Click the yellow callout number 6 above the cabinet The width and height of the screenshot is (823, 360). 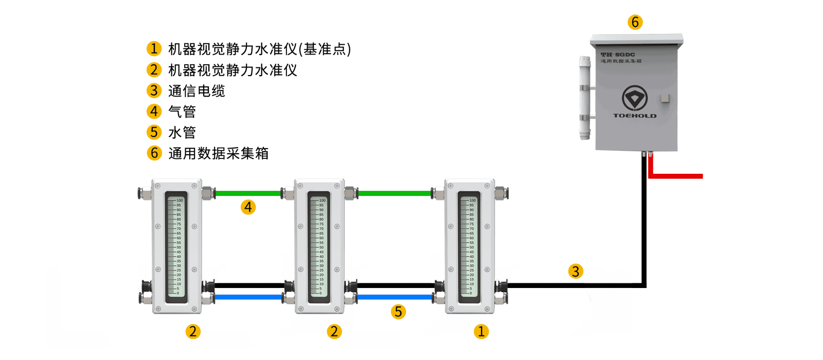point(635,22)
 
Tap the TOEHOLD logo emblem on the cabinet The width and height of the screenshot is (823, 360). point(635,97)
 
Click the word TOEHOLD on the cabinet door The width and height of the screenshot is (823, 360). point(635,116)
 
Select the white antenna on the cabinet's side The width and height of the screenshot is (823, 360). point(585,98)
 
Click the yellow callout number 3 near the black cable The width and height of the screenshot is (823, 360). point(576,271)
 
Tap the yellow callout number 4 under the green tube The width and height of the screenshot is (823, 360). point(248,207)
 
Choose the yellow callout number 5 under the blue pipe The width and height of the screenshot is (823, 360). point(398,312)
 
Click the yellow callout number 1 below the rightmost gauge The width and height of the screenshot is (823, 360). point(481,332)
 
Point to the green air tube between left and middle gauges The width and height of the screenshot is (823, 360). point(248,194)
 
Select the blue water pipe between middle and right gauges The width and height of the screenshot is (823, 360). point(395,297)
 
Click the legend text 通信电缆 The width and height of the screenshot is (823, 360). point(196,91)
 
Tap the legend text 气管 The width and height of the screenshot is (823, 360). point(182,112)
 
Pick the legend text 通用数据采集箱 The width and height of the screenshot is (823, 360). point(218,153)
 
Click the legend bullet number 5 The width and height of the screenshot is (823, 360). point(154,132)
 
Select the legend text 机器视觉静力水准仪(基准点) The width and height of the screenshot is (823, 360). point(259,49)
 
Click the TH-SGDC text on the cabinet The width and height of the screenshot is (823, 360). point(618,55)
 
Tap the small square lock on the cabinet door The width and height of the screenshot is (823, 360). point(666,98)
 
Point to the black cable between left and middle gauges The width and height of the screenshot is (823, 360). point(249,285)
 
